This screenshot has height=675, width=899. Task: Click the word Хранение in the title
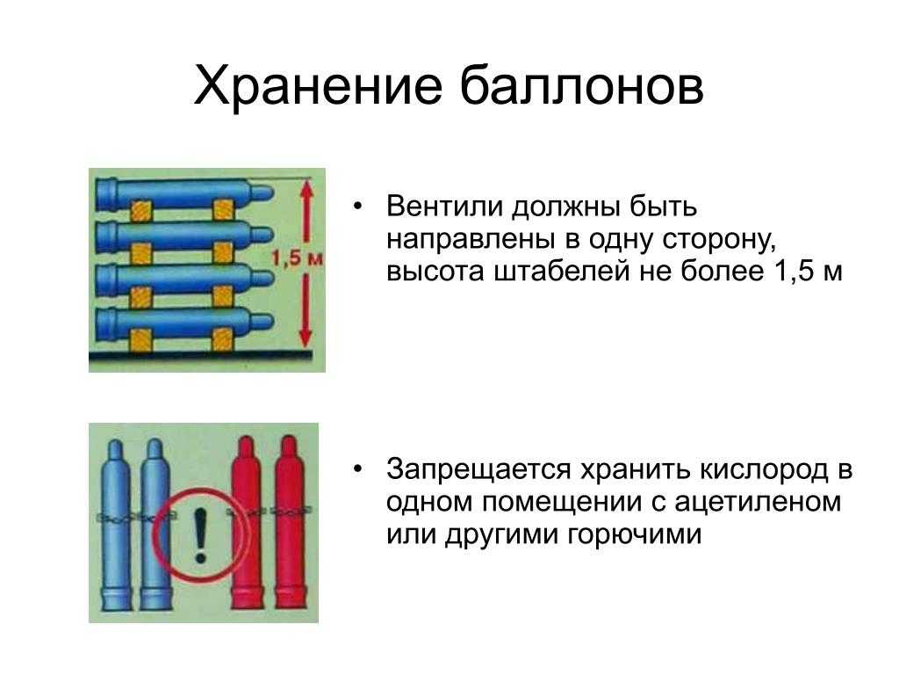click(318, 86)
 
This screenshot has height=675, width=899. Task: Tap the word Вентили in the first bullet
click(444, 206)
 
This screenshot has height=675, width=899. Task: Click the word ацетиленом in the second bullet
click(758, 502)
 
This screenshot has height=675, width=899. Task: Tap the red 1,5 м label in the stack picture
click(297, 258)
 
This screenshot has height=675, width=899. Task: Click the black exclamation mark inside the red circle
click(200, 535)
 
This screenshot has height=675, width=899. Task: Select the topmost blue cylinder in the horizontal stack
click(184, 192)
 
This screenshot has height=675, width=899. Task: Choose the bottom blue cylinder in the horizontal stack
click(184, 323)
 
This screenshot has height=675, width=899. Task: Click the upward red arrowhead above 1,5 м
click(306, 191)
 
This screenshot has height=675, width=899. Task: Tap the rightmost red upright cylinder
click(290, 522)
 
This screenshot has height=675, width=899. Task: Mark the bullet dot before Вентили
click(359, 206)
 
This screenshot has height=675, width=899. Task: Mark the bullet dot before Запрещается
click(359, 470)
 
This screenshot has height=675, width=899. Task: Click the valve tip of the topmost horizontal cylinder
click(270, 193)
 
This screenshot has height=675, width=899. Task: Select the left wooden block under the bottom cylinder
click(141, 340)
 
